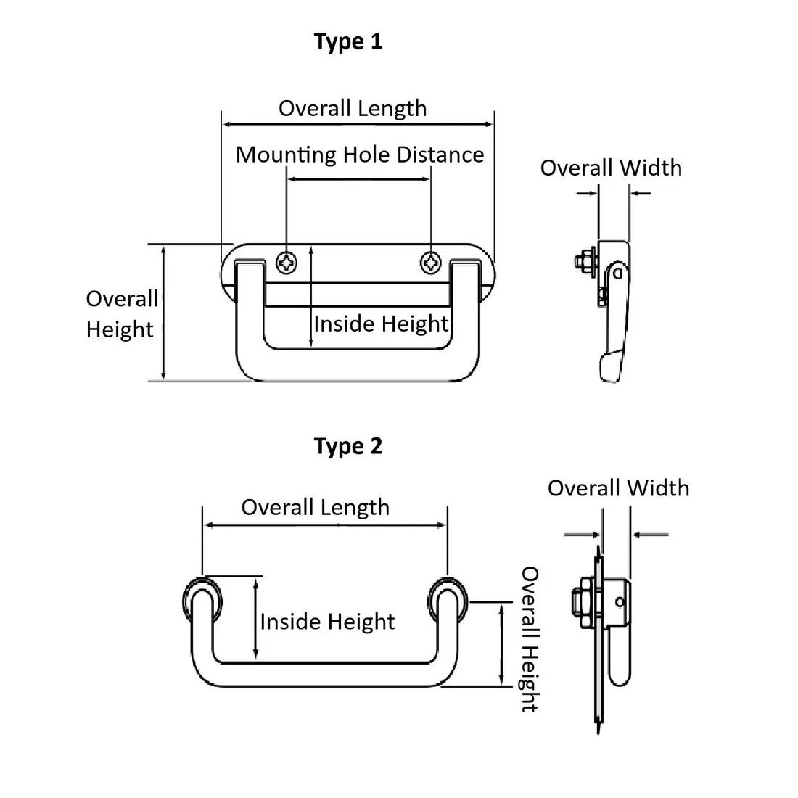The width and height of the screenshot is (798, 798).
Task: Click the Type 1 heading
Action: (x=348, y=41)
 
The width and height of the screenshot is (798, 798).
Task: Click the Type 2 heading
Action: (x=348, y=445)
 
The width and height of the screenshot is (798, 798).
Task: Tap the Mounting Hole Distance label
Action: (x=360, y=155)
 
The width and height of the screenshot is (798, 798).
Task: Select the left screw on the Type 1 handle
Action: (x=288, y=263)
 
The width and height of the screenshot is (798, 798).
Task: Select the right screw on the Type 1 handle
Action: (x=432, y=263)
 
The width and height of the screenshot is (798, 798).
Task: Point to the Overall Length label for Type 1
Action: (x=353, y=108)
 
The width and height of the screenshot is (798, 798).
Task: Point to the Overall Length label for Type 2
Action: (x=315, y=507)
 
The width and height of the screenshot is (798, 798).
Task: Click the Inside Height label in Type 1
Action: (x=381, y=324)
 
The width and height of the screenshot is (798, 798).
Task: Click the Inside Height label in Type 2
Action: (x=327, y=622)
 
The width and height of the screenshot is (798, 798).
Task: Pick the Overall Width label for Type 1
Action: (x=611, y=168)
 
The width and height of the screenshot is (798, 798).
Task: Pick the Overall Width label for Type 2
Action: (x=618, y=488)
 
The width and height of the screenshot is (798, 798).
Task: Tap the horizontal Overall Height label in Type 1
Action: (x=121, y=314)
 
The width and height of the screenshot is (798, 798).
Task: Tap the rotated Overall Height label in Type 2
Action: (x=530, y=639)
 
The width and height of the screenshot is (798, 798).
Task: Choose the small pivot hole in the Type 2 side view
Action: (x=619, y=601)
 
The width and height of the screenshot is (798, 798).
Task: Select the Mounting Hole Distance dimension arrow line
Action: (x=359, y=178)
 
